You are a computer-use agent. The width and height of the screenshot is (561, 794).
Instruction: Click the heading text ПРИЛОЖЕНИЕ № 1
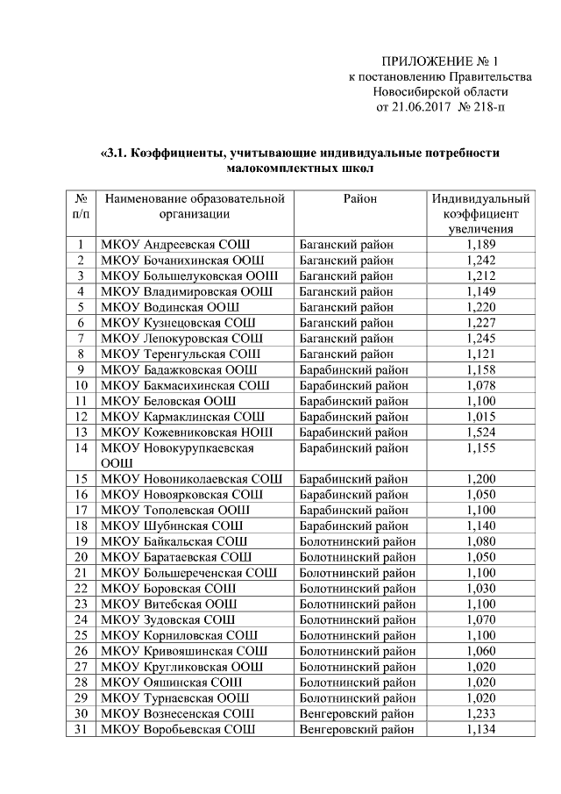click(x=439, y=61)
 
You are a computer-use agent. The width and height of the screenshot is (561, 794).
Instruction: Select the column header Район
click(x=360, y=199)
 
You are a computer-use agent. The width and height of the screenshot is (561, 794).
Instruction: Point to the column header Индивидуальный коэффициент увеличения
click(x=481, y=214)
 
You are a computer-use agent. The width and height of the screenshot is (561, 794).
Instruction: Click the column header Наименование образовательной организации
click(x=195, y=206)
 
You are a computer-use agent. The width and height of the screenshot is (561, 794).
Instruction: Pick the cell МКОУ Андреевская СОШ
click(x=179, y=245)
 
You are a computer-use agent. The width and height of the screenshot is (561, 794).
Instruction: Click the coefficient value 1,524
click(x=481, y=433)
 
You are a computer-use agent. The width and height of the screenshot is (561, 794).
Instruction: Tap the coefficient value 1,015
click(x=481, y=417)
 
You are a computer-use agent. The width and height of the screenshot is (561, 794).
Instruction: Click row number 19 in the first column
click(x=81, y=541)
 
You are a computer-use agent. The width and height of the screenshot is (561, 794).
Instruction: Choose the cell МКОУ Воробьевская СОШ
click(x=179, y=729)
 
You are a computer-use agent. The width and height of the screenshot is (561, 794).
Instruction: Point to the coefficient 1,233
click(x=481, y=713)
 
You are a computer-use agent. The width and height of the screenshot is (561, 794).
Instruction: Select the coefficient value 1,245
click(x=481, y=339)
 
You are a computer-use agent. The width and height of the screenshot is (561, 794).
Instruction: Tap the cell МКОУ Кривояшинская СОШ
click(x=184, y=651)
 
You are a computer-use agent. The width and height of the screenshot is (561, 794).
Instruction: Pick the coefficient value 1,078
click(x=481, y=385)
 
